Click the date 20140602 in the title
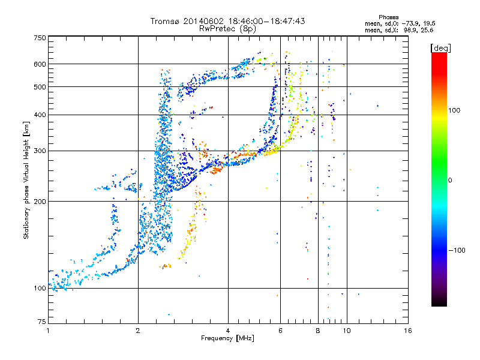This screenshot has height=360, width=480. click(203, 21)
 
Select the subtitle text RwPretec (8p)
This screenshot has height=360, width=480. click(227, 29)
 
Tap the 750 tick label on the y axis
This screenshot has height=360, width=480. click(40, 38)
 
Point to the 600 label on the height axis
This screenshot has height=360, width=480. click(40, 64)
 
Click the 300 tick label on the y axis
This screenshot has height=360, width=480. click(40, 151)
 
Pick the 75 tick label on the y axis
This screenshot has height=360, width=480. click(42, 322)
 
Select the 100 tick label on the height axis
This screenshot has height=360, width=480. click(40, 289)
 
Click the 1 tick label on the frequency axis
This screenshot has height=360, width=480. click(48, 331)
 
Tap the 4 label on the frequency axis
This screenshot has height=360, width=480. click(228, 331)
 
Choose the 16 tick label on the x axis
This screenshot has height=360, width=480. click(408, 331)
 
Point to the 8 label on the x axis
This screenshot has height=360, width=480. click(318, 331)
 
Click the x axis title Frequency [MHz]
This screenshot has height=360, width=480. click(227, 338)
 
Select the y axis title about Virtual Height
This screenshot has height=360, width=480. click(26, 180)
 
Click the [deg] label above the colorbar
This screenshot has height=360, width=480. click(440, 48)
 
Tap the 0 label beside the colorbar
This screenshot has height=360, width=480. click(449, 181)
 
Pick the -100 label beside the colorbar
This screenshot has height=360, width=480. click(457, 250)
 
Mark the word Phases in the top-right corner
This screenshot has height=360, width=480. click(388, 17)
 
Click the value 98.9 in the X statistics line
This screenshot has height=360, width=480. click(409, 31)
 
